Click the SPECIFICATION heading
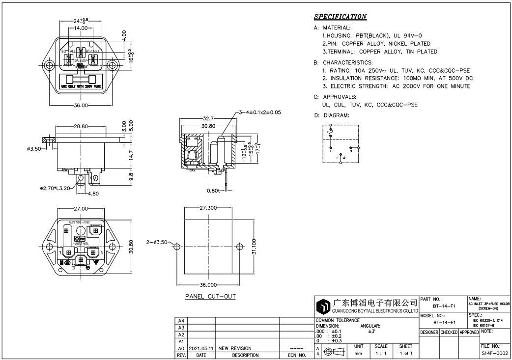tap(340, 17)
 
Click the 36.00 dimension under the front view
tap(81, 105)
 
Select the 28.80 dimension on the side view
tap(81, 126)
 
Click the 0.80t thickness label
tap(213, 190)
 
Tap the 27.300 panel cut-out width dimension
tap(209, 208)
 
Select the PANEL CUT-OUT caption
tap(210, 297)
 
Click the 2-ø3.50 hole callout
tap(157, 243)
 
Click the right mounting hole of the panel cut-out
tap(240, 246)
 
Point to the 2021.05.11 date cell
tap(201, 348)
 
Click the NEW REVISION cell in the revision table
tap(235, 348)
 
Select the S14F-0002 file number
tap(494, 353)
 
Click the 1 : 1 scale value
tap(381, 353)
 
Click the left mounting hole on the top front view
tap(49, 66)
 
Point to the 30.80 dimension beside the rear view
tap(131, 244)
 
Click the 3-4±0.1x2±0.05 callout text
tap(260, 112)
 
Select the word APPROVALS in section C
tap(339, 97)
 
